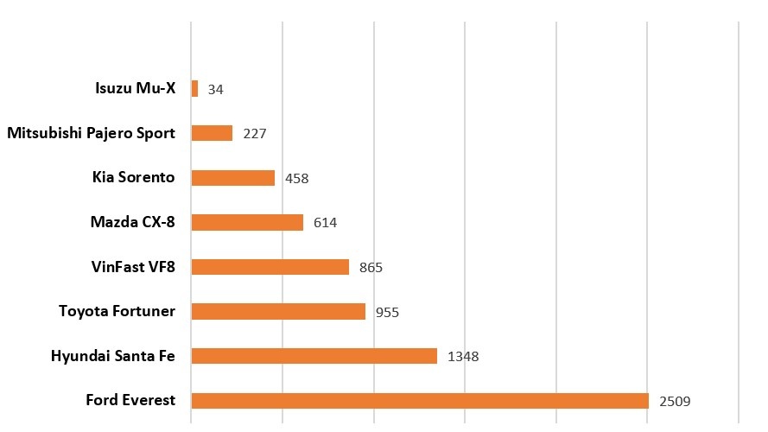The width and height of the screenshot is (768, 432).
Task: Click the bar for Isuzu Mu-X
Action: [194, 88]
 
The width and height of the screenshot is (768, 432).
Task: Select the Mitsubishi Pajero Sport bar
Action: [212, 133]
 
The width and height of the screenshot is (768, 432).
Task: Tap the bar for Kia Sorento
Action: [232, 178]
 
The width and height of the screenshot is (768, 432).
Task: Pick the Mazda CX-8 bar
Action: [247, 222]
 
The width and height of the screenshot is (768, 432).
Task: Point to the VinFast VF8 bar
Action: [270, 267]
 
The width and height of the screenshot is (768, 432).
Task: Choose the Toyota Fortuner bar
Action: [278, 311]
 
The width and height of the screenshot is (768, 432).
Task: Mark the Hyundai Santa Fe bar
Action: [314, 356]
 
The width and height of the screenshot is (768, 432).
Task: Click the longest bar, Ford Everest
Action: [419, 400]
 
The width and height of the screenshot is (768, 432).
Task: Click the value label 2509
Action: [675, 401]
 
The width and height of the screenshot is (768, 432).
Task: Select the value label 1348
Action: [463, 356]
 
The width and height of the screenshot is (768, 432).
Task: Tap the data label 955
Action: [387, 312]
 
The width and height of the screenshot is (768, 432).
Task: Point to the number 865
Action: [371, 267]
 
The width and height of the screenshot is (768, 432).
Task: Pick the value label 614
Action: [325, 223]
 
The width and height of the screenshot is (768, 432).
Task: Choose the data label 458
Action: [296, 178]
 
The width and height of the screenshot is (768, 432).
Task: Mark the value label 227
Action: [255, 134]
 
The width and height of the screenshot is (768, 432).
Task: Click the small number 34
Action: [216, 89]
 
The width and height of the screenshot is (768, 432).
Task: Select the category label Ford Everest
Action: [130, 400]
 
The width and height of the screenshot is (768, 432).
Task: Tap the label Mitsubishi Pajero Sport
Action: [91, 133]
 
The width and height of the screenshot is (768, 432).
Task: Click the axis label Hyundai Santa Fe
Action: [113, 356]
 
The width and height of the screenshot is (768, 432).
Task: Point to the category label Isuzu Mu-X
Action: [135, 88]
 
